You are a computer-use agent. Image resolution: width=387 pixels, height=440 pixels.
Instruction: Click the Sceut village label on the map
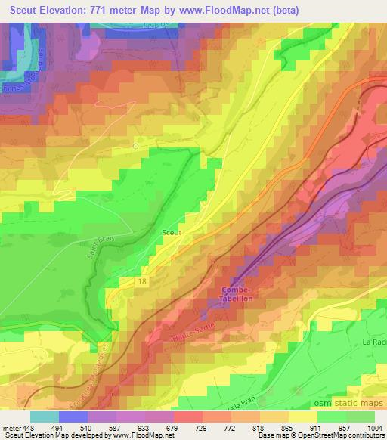(x=171, y=233)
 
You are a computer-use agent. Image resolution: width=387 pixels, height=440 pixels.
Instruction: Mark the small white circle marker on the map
(x=136, y=146)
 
